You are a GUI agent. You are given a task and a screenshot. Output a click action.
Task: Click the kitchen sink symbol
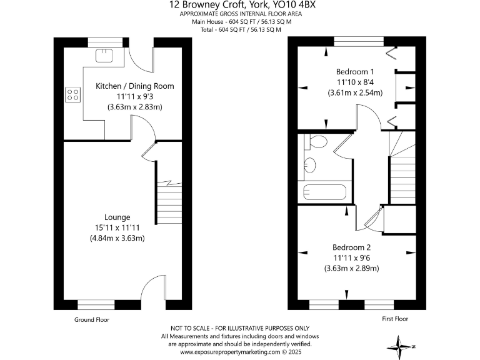103,56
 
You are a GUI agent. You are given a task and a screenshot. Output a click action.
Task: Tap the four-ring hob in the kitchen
73,95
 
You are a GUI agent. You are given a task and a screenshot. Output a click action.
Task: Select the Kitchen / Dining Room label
134,86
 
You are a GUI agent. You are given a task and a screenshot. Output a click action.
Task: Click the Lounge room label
117,217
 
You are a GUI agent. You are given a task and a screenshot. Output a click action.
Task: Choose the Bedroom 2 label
352,246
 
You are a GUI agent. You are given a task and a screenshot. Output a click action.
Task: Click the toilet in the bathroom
317,142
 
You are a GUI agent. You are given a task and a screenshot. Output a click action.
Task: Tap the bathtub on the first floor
324,192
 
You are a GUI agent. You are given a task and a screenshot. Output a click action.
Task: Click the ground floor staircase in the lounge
167,200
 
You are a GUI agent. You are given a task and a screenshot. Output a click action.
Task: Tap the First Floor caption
394,319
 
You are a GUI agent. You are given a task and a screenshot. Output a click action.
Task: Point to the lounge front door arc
152,291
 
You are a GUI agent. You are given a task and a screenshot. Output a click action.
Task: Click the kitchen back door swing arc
141,59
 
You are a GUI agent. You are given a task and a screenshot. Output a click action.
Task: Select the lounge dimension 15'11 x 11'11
117,227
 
